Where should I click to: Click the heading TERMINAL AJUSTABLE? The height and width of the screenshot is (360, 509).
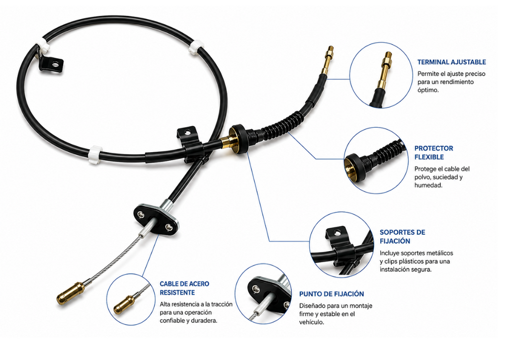451,62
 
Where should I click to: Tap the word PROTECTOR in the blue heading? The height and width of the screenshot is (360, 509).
433,148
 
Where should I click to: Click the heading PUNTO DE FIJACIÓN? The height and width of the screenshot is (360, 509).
332,294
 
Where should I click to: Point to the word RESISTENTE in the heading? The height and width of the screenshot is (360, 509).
177,292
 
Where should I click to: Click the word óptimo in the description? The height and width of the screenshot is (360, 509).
428,90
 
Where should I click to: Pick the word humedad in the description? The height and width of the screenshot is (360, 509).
428,185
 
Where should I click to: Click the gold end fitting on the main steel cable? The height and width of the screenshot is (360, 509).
71,293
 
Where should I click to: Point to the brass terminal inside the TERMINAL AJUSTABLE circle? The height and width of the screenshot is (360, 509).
386,70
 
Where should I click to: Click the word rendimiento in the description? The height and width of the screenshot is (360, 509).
457,82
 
